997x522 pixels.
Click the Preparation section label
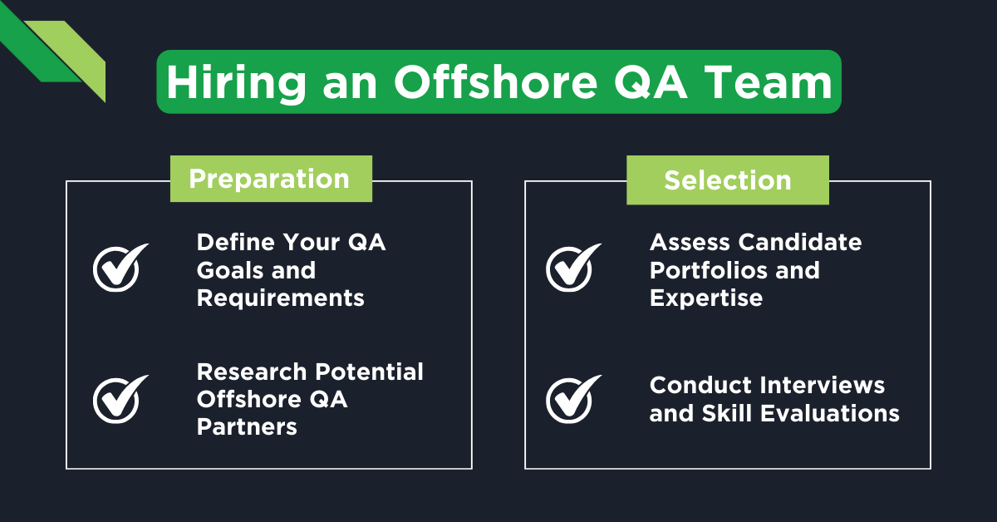(270, 179)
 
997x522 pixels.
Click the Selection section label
(727, 180)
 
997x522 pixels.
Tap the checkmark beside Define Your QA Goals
(119, 268)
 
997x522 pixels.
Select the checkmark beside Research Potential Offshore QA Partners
(119, 399)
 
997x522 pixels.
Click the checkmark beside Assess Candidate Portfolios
(572, 268)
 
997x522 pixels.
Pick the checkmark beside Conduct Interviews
(572, 399)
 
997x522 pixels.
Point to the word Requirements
(280, 298)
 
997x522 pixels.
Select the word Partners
(246, 427)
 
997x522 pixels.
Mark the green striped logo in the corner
(58, 52)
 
